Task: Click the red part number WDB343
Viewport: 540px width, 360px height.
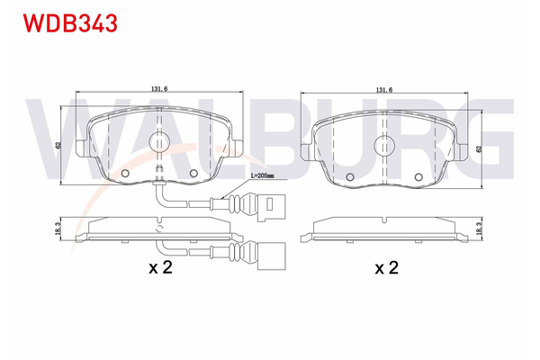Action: (70, 23)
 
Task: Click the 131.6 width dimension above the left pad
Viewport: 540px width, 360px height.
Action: (159, 88)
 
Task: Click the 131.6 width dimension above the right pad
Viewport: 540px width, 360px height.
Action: (384, 90)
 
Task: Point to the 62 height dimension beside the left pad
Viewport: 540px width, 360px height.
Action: (58, 146)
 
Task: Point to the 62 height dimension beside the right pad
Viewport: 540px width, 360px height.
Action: (479, 148)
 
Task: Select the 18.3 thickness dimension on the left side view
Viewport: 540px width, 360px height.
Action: (58, 229)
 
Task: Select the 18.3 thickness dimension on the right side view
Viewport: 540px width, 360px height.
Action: (479, 229)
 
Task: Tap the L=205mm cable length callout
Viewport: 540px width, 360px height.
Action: (263, 175)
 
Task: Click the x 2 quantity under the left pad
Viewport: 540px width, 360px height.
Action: (160, 267)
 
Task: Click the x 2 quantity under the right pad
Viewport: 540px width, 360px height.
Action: (386, 267)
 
